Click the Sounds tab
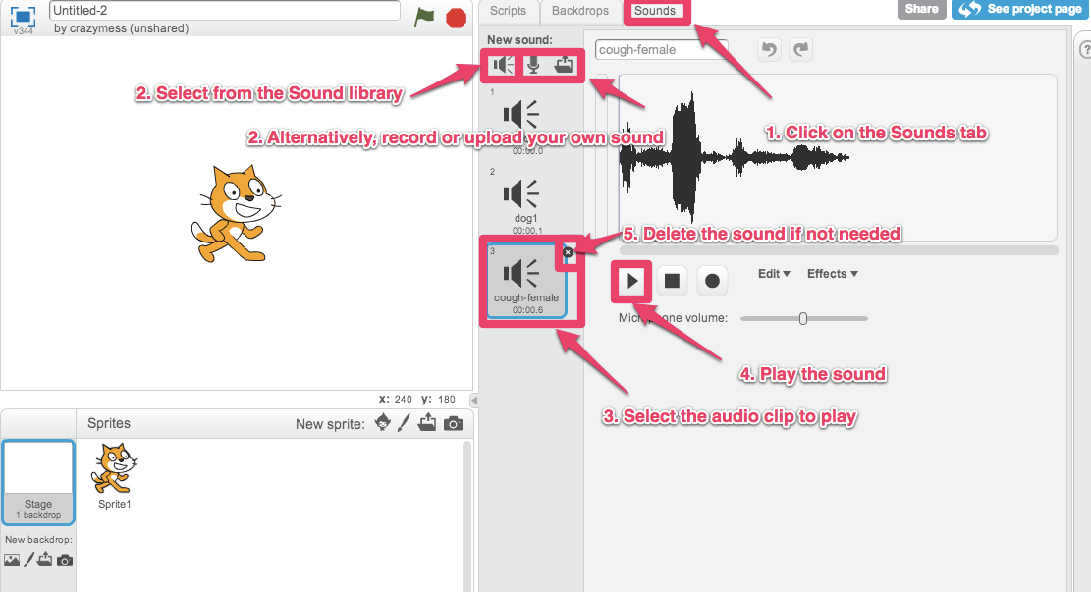[x=654, y=11]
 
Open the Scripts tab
[x=509, y=11]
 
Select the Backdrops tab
[x=580, y=11]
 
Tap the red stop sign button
[x=456, y=17]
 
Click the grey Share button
[x=921, y=9]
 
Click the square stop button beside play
[x=672, y=281]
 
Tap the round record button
[x=712, y=281]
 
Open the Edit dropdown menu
[x=774, y=274]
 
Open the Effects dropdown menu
[x=832, y=274]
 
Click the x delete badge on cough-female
[x=568, y=252]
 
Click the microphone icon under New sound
[x=533, y=65]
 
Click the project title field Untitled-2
[x=225, y=10]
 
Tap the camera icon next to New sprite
[x=453, y=423]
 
